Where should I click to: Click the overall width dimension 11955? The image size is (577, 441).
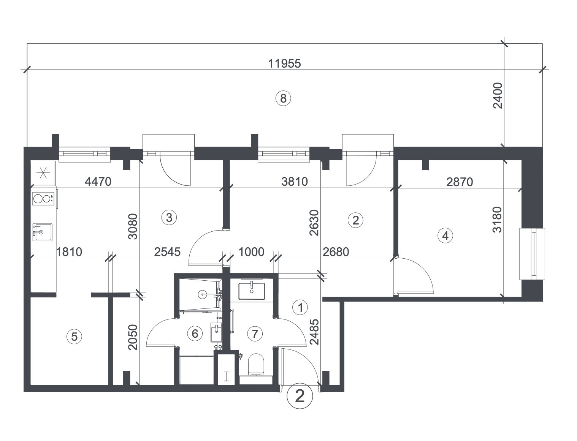click(284, 63)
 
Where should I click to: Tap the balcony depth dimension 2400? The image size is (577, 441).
click(498, 95)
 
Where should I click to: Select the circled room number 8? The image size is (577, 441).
click(283, 98)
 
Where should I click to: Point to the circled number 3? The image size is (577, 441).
click(169, 218)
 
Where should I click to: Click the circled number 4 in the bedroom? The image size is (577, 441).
click(445, 236)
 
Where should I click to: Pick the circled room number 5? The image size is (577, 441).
click(75, 336)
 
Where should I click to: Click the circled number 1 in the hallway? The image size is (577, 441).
click(300, 307)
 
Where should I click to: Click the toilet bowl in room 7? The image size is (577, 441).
click(256, 364)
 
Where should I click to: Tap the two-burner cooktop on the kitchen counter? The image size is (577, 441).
click(43, 199)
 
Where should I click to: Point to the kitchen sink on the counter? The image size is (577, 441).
click(42, 232)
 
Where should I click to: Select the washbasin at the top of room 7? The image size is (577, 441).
click(252, 291)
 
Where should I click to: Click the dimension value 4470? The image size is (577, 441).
click(98, 182)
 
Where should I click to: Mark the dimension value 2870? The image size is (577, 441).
click(460, 182)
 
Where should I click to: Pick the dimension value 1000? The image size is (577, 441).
click(251, 252)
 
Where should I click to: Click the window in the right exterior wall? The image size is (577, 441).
click(532, 254)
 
